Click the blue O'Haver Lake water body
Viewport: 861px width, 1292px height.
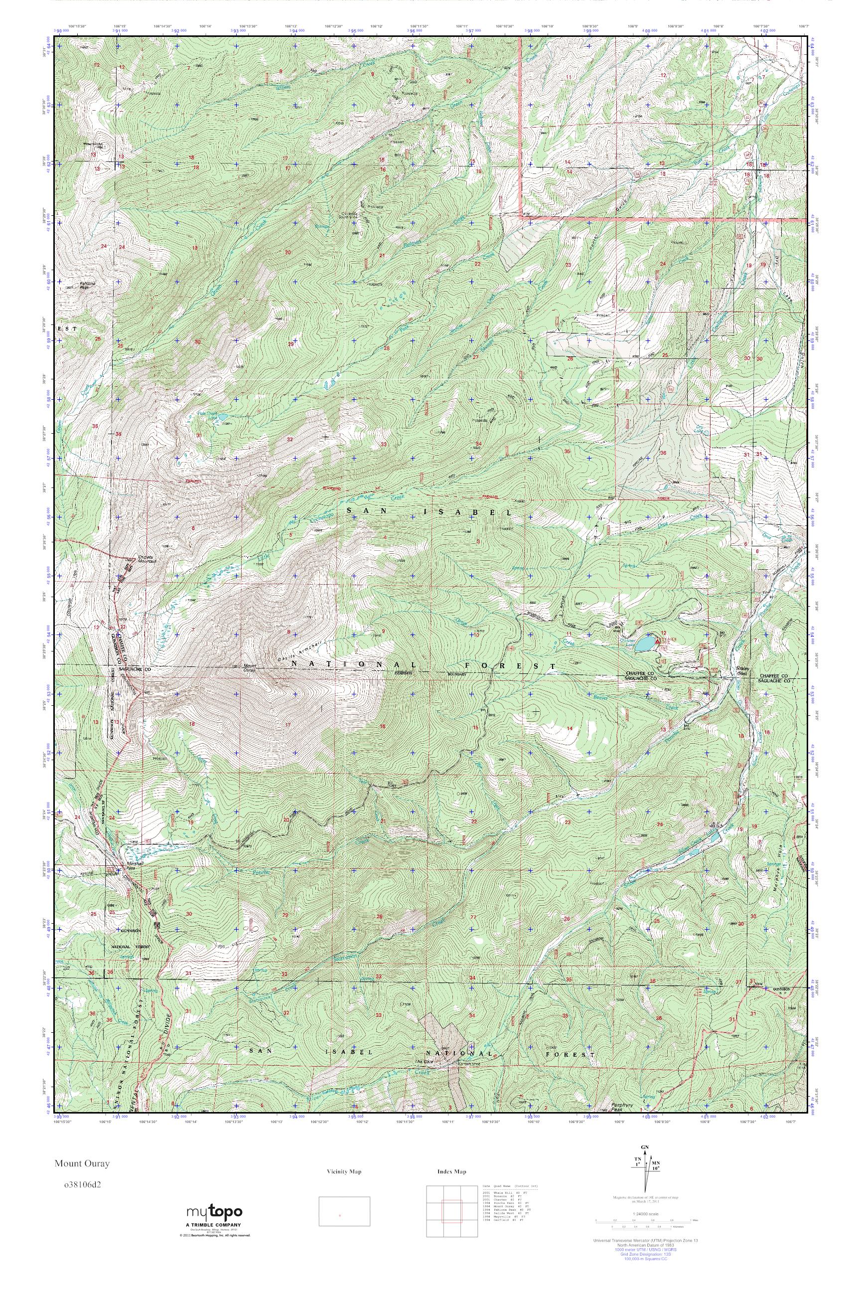(646, 643)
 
